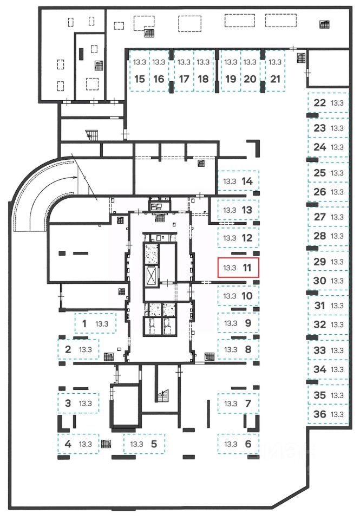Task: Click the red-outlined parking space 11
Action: (x=238, y=268)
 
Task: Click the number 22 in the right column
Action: (x=320, y=103)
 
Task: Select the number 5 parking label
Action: (x=154, y=444)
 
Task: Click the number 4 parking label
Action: (x=68, y=444)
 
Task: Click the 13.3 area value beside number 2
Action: (x=86, y=349)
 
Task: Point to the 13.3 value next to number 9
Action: (x=231, y=323)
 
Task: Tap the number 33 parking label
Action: (x=320, y=350)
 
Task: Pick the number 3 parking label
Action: (x=68, y=403)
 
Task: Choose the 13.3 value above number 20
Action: (x=250, y=62)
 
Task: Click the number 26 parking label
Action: (x=320, y=192)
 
